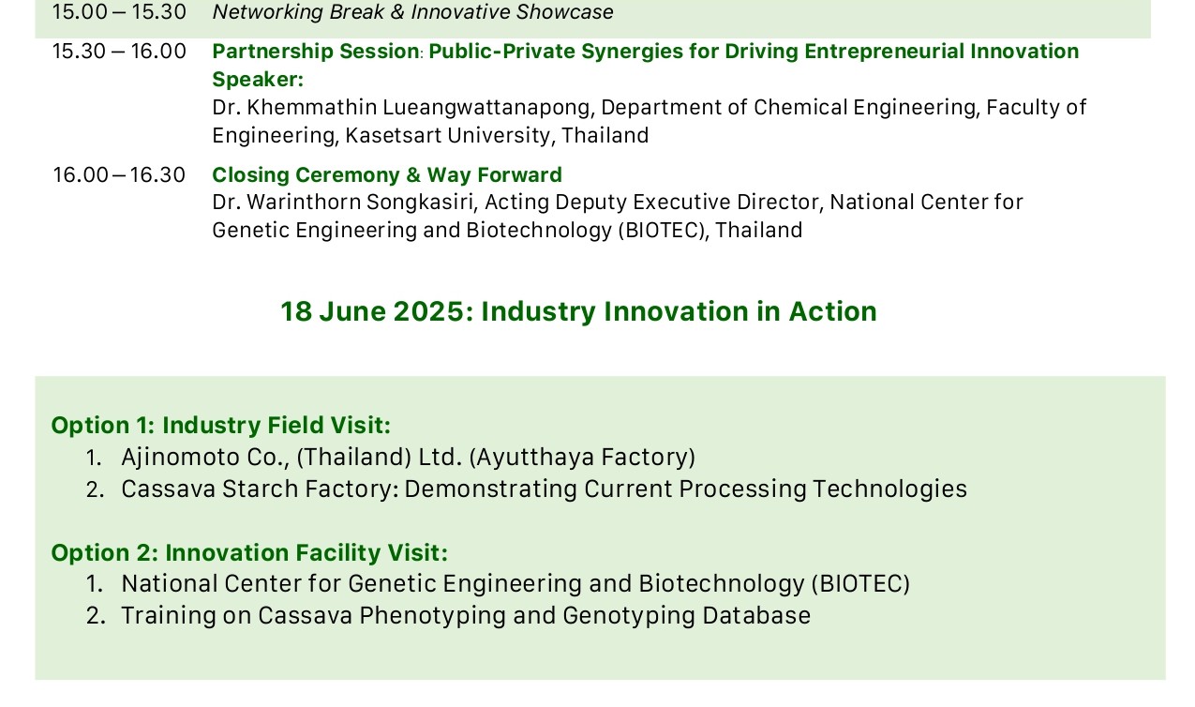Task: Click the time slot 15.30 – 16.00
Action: pos(119,52)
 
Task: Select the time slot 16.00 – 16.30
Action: pos(119,175)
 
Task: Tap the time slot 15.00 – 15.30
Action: pos(119,12)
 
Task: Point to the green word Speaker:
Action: pos(258,80)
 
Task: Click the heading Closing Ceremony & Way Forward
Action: pos(387,175)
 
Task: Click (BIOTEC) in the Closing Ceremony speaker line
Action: pos(662,231)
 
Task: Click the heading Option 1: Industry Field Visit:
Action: pos(221,426)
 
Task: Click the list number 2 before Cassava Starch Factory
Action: pos(95,489)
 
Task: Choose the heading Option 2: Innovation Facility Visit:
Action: pos(249,552)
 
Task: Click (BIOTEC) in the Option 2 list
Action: pos(860,584)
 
